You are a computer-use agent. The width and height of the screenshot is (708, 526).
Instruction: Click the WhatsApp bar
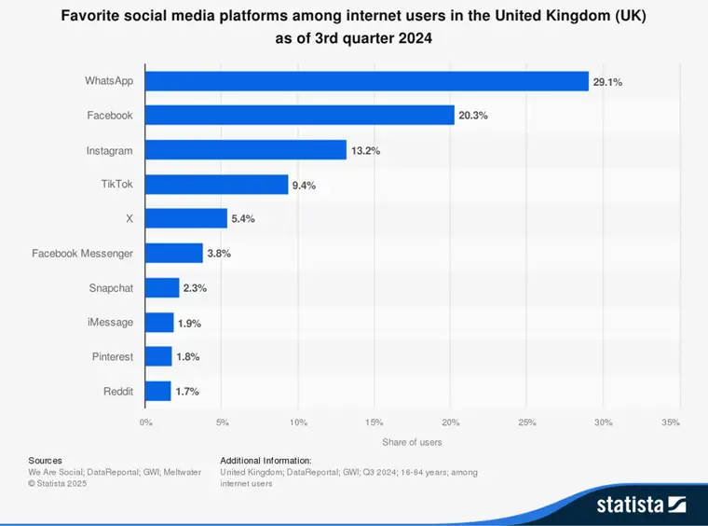(367, 81)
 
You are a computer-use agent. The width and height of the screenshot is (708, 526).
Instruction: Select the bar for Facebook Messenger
(174, 254)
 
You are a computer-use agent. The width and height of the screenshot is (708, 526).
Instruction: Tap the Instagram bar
(246, 150)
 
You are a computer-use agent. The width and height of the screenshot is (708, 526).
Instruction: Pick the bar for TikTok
(217, 185)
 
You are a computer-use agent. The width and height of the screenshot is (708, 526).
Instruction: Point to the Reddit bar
(158, 391)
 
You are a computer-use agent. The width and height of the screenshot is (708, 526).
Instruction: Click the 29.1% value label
(607, 82)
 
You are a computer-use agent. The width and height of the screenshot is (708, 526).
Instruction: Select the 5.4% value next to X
(242, 219)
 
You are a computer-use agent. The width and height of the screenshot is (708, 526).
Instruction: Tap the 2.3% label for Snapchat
(194, 288)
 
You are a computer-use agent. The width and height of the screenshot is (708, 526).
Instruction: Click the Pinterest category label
(112, 356)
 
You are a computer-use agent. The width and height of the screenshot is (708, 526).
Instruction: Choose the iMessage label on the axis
(110, 322)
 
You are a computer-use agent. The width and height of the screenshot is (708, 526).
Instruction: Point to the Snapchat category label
(111, 288)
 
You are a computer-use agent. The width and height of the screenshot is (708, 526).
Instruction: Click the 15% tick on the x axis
(374, 422)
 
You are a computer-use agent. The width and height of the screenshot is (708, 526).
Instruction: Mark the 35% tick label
(670, 422)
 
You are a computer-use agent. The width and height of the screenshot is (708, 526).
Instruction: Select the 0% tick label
(145, 422)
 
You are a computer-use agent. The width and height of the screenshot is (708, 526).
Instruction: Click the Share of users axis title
(412, 441)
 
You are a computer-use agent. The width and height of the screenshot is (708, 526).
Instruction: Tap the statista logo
(641, 505)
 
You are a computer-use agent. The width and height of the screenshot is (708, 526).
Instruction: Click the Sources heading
(45, 461)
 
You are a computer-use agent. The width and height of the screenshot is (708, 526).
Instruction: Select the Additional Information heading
(265, 461)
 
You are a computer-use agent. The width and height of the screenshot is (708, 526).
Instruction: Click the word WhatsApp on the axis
(109, 81)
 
